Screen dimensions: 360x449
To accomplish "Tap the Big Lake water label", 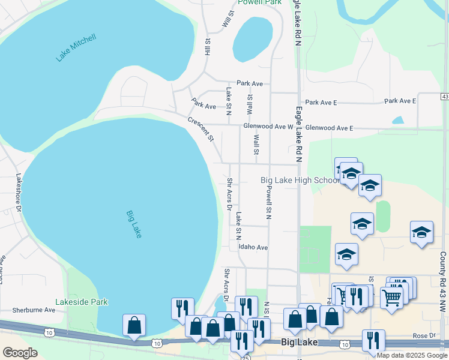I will pyautogui.click(x=134, y=224).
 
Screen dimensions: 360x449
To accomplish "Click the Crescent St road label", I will pyautogui.click(x=201, y=128).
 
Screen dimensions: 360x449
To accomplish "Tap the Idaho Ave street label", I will pyautogui.click(x=253, y=247).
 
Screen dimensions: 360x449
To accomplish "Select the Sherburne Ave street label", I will pyautogui.click(x=34, y=310).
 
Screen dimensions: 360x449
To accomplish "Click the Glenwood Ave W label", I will pyautogui.click(x=268, y=127).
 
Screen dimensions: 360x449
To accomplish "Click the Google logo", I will pyautogui.click(x=20, y=353).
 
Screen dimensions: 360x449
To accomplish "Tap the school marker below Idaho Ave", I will pyautogui.click(x=347, y=254).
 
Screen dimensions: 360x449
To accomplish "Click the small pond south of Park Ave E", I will pyautogui.click(x=397, y=120).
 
